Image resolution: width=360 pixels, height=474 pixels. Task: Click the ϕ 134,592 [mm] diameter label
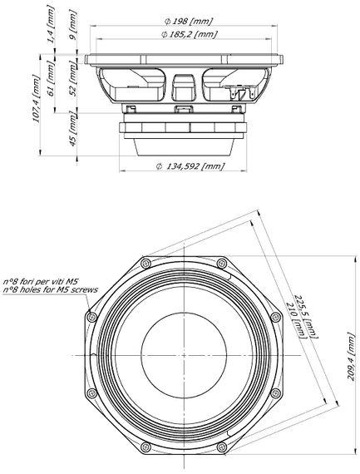click(190, 165)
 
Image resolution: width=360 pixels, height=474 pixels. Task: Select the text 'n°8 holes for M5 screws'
click(50, 289)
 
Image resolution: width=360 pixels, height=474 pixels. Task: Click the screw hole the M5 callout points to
click(92, 317)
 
